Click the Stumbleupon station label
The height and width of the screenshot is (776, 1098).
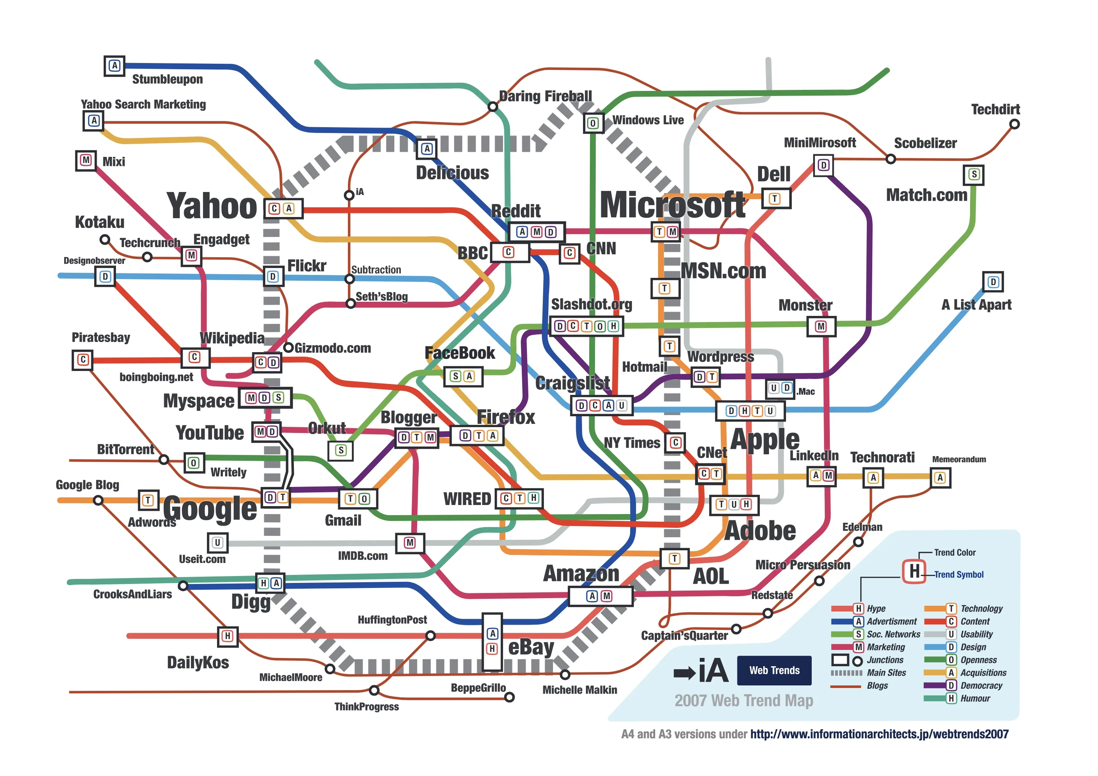[x=167, y=79]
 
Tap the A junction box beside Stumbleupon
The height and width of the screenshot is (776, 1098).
[x=114, y=66]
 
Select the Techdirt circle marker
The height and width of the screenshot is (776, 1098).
[x=1014, y=124]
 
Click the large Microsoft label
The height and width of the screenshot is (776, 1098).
[x=672, y=205]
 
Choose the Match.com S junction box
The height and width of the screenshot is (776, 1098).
[x=974, y=175]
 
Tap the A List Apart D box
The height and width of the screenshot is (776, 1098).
[x=993, y=282]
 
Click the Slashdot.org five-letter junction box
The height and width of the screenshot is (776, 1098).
[x=586, y=326]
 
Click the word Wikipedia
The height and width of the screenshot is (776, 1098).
[x=232, y=338]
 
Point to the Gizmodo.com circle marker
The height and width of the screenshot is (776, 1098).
[x=288, y=347]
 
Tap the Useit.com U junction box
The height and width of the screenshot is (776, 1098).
[x=217, y=543]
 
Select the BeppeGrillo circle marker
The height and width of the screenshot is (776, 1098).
[x=510, y=698]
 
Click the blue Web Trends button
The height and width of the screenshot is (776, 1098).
[x=774, y=670]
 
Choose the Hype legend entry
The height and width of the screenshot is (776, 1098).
[x=876, y=609]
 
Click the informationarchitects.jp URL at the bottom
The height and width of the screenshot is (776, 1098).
[x=879, y=734]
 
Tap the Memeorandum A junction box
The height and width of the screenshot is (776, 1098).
[x=940, y=477]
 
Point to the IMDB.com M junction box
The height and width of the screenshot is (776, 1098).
[x=410, y=543]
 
